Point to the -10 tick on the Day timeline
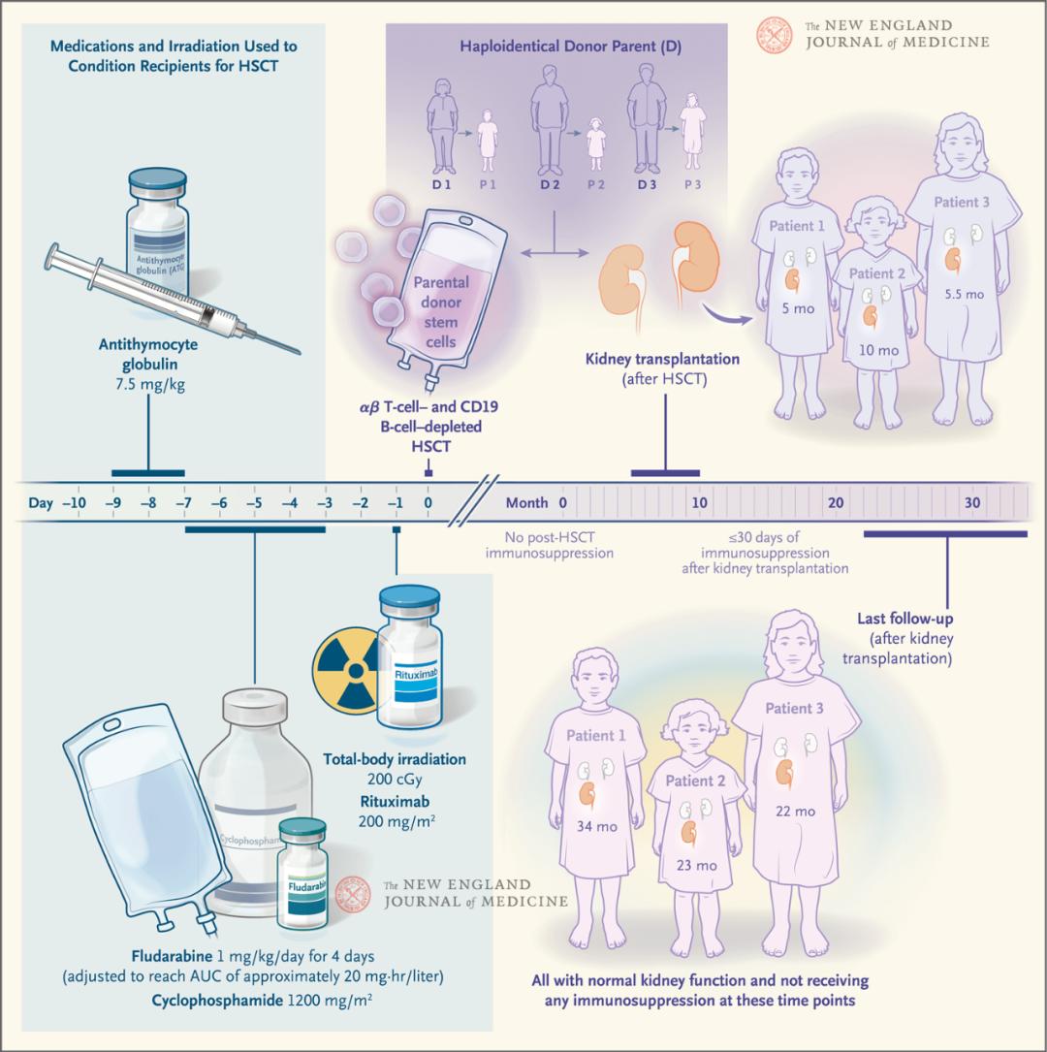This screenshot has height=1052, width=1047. pos(74,503)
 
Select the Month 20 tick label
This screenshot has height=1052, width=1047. pos(836,503)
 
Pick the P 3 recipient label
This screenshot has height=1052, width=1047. pos(693,182)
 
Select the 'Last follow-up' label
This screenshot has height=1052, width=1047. pos(901,617)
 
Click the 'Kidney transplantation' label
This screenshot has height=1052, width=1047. pos(663,360)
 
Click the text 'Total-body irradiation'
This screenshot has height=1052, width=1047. pos(396,759)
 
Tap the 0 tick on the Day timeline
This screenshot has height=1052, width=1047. pos(428,503)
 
